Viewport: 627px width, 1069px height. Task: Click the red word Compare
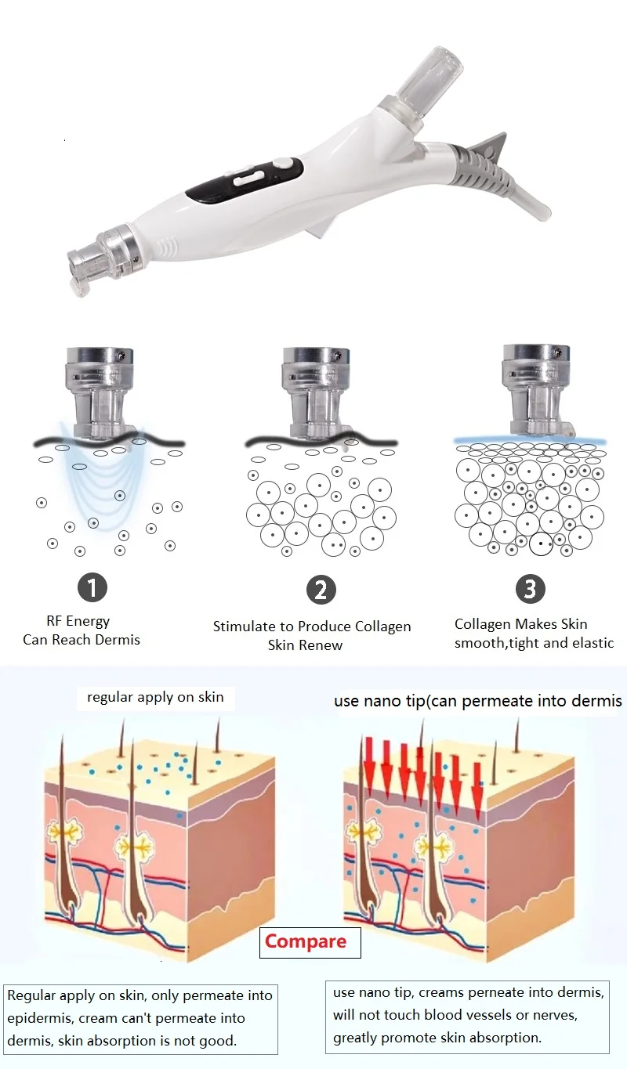306,941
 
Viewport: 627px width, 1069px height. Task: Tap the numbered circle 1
92,587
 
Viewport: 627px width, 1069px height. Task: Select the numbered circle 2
321,590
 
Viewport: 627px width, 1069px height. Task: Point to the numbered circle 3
530,589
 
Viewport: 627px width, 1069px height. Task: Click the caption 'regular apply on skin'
155,696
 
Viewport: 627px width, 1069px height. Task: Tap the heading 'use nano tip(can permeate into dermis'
477,701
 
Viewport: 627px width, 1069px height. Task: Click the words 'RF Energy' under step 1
78,621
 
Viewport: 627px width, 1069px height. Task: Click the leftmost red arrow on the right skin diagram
369,764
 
